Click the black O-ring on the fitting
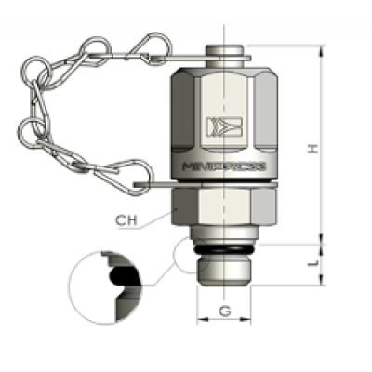[226, 250]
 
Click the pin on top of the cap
[225, 49]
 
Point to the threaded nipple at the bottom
[226, 269]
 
